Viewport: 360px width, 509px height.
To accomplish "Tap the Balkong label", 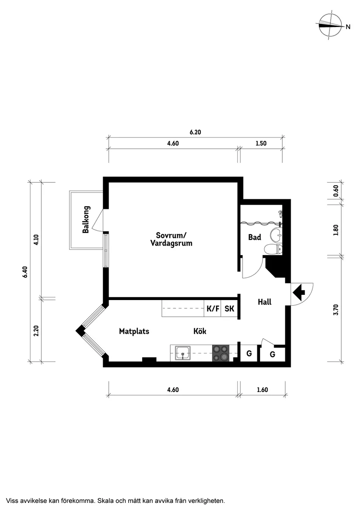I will tap(86, 219).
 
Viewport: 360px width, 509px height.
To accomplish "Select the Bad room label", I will tap(254, 238).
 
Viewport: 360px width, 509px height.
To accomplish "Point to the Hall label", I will tap(264, 301).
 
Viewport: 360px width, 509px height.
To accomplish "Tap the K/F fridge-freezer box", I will tap(213, 309).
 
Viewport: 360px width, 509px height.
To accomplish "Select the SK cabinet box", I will tap(230, 309).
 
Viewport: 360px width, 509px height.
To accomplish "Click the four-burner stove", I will tap(221, 353).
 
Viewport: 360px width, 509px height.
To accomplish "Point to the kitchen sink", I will tap(183, 352).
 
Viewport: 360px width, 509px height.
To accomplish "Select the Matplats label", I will tap(134, 331).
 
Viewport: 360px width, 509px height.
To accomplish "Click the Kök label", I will tap(200, 331).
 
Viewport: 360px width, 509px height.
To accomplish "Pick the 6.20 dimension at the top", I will tap(195, 132).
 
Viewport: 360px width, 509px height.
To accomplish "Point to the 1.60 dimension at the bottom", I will tap(262, 390).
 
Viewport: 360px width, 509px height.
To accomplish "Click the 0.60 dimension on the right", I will tap(336, 191).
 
